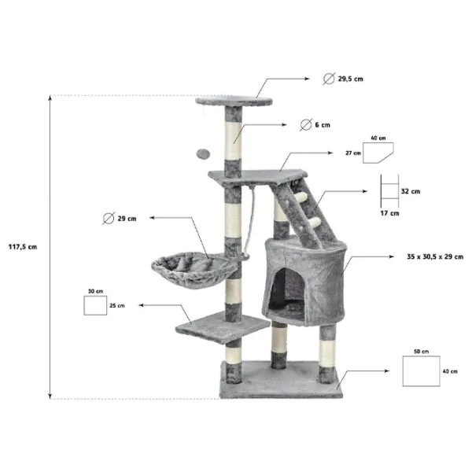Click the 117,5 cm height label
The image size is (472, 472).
pos(23,247)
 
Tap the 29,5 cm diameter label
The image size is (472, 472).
pos(350,79)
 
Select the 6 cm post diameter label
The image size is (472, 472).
pos(323,125)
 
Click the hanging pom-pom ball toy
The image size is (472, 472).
pos(203,154)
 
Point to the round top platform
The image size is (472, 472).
pos(234,101)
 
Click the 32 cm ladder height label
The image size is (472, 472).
pos(411,191)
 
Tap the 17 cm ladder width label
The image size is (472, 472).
pos(389,213)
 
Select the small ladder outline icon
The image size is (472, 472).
pos(389,191)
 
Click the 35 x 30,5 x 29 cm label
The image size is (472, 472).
pos(435,256)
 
